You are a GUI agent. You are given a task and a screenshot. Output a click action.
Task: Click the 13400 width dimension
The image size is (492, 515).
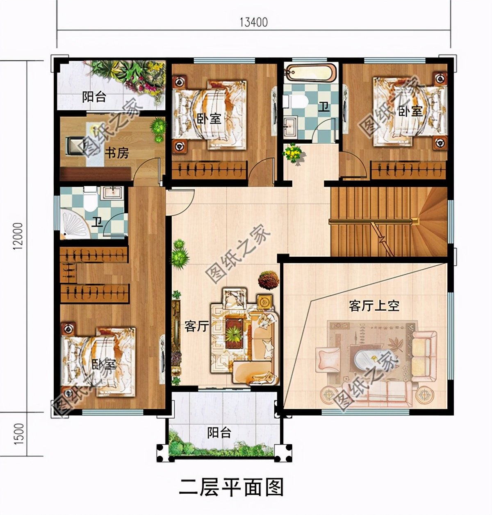[x=254, y=22]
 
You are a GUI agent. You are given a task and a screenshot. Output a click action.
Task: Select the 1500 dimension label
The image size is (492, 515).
[x=19, y=434]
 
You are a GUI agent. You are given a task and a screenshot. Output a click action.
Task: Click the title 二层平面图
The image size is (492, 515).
[x=232, y=488]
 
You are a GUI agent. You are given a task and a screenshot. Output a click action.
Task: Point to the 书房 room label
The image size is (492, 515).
[x=117, y=154]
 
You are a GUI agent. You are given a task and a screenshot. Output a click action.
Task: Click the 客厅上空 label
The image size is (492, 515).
[x=374, y=306]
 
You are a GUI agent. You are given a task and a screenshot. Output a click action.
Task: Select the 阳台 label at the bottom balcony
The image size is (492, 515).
[x=219, y=433]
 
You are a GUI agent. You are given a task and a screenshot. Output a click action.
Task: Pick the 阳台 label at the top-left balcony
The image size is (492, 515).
[x=94, y=97]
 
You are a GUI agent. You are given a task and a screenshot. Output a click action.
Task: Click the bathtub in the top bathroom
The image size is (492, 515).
[x=310, y=73]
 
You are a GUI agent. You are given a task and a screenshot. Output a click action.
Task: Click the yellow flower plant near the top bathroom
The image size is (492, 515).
[x=294, y=154]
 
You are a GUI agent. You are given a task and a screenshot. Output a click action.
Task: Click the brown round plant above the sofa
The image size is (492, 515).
[x=269, y=280]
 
